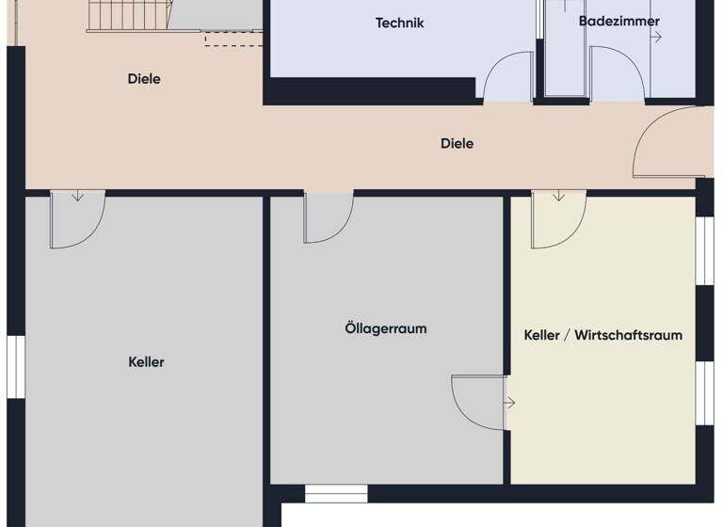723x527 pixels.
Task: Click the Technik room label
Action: (399, 23)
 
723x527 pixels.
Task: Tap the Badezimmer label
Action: (619, 21)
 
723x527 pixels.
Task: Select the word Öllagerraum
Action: (385, 328)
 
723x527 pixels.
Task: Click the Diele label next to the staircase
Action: (144, 79)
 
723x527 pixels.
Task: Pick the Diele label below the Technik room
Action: (457, 143)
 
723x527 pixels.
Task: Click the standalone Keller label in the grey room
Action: (146, 361)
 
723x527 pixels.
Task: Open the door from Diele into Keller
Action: (75, 220)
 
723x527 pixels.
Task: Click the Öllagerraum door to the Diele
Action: (327, 216)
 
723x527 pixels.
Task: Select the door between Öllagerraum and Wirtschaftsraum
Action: (478, 402)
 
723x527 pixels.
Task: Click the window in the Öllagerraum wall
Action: (336, 493)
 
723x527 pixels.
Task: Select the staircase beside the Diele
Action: (129, 16)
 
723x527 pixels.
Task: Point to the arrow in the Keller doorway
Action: (77, 197)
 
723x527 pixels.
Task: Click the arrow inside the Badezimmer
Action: (656, 38)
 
